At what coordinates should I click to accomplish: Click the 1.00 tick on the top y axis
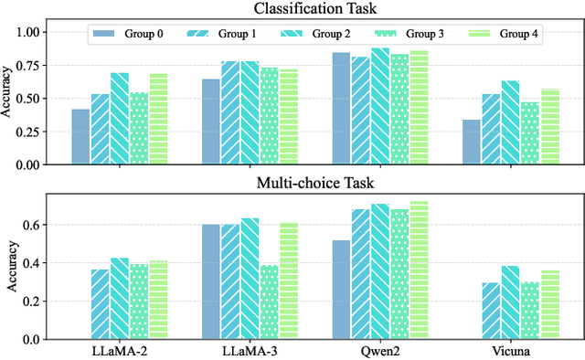click(x=47, y=32)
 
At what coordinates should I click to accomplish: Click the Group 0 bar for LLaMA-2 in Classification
click(x=80, y=137)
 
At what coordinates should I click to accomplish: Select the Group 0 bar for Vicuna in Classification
click(x=471, y=143)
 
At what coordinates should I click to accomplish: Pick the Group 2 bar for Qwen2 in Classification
click(x=380, y=106)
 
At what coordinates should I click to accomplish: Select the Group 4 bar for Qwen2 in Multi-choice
click(x=420, y=270)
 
